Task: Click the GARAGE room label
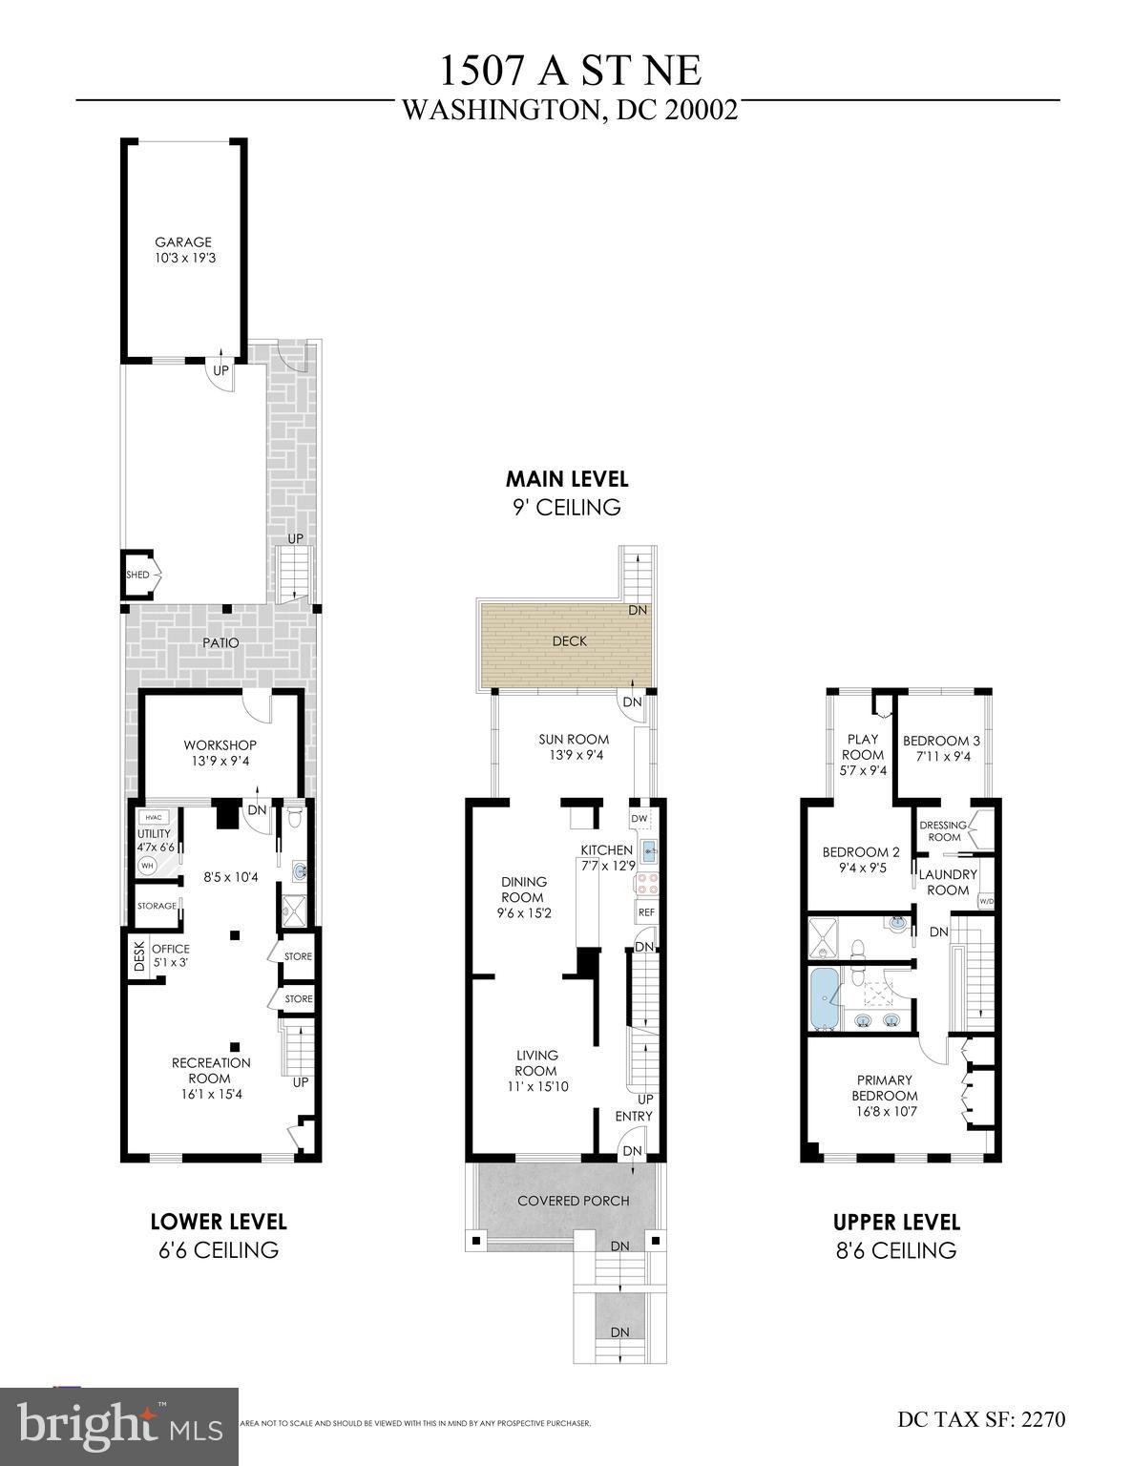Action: [x=183, y=242]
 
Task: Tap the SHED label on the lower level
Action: [x=137, y=575]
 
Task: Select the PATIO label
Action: [x=220, y=643]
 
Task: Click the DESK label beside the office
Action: [x=138, y=956]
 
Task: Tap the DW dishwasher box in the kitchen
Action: [x=639, y=819]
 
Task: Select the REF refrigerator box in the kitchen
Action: [x=646, y=911]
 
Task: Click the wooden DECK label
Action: [x=570, y=641]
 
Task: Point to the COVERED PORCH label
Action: [x=574, y=1200]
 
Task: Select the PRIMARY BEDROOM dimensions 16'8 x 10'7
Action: [x=885, y=1111]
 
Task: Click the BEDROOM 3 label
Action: [x=941, y=741]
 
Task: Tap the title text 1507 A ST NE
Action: [x=570, y=72]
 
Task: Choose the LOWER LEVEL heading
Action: [x=219, y=1222]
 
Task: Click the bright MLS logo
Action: [x=119, y=1426]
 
